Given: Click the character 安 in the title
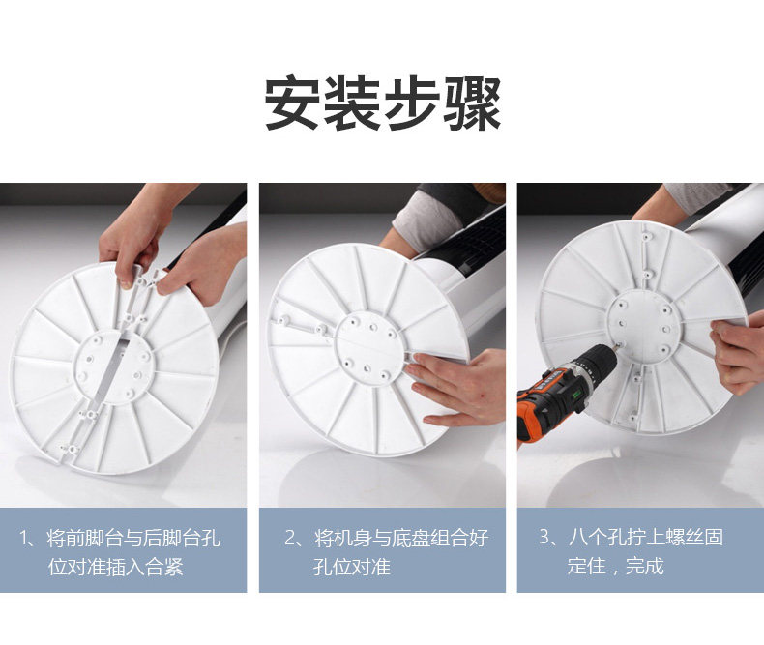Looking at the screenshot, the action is [x=292, y=103].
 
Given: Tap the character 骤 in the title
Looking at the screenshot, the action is [x=472, y=103].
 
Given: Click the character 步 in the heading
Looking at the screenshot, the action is [x=412, y=103].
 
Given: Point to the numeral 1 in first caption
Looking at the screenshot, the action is [x=24, y=539].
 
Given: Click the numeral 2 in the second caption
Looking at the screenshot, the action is [x=290, y=539].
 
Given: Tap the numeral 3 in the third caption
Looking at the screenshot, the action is [x=544, y=538].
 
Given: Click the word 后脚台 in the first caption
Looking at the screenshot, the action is [x=173, y=538].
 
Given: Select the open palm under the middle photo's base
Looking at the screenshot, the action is [x=455, y=389].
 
